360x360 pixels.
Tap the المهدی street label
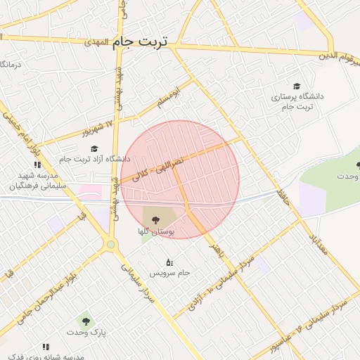pyautogui.click(x=102, y=42)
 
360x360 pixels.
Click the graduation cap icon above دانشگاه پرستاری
pyautogui.click(x=297, y=85)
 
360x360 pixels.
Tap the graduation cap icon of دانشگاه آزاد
pyautogui.click(x=94, y=148)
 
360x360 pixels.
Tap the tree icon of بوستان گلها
pyautogui.click(x=155, y=220)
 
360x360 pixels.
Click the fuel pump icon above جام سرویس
pyautogui.click(x=169, y=262)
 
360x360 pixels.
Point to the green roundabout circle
pyautogui.click(x=110, y=245)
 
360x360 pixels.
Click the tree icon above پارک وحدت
pyautogui.click(x=86, y=321)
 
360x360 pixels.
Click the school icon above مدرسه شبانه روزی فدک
pyautogui.click(x=46, y=347)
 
